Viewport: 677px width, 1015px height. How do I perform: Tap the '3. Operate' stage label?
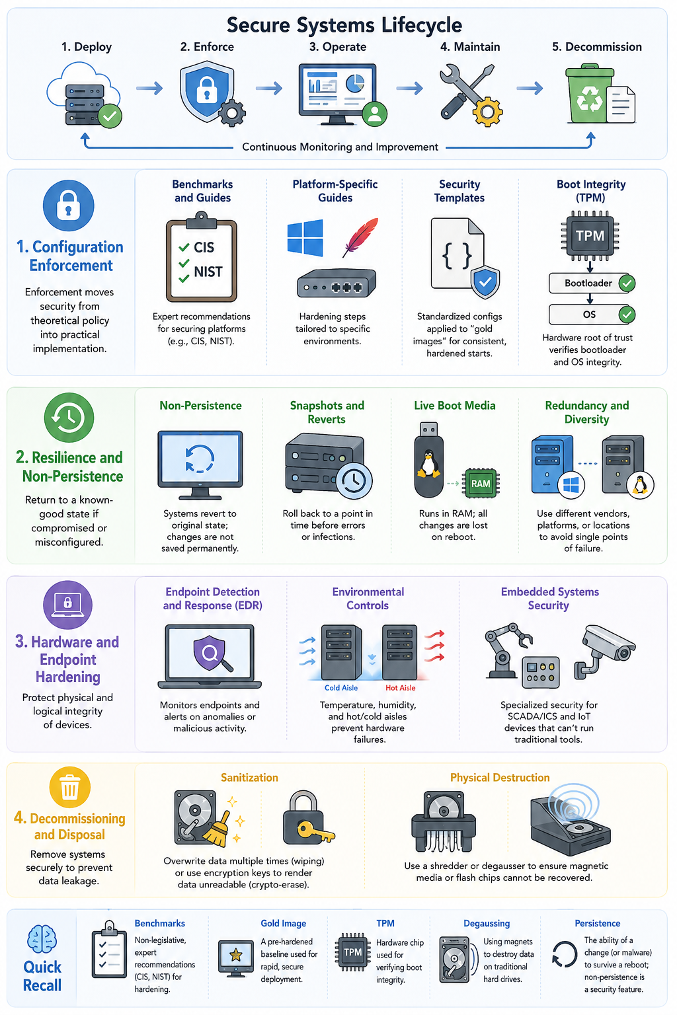[338, 47]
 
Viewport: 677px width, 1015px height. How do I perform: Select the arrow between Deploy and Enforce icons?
[149, 88]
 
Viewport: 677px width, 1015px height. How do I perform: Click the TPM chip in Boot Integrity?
[590, 236]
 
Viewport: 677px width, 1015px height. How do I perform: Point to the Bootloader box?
[592, 283]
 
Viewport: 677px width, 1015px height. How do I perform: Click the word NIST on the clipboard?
[208, 272]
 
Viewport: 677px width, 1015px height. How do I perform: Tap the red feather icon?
[360, 237]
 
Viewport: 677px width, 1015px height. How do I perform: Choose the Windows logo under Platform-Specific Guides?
[305, 237]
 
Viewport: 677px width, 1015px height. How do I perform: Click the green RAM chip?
[481, 484]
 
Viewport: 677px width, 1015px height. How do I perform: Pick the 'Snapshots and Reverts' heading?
[327, 412]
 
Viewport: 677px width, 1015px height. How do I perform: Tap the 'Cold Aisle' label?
[341, 687]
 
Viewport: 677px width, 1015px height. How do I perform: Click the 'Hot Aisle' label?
[401, 687]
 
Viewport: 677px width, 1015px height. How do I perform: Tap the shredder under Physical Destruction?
[443, 821]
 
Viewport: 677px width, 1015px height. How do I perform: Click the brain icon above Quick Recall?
[42, 938]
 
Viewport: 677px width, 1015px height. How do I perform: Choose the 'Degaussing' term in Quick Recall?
[487, 923]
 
